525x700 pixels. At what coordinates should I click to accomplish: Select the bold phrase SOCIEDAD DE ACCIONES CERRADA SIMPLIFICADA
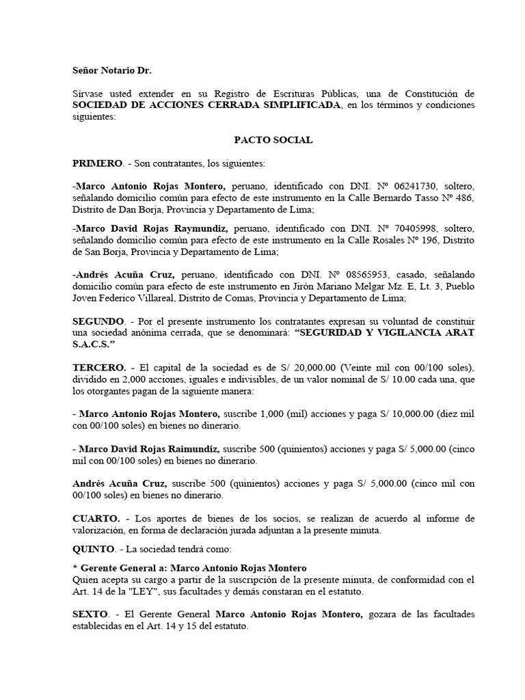(206, 105)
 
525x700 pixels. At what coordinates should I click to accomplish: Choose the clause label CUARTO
(96, 519)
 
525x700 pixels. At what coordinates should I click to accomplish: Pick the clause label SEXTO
(90, 615)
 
